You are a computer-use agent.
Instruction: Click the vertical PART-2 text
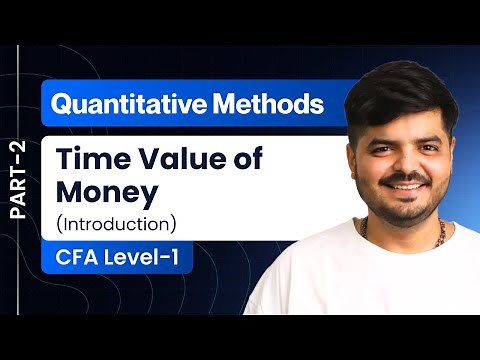19,180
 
